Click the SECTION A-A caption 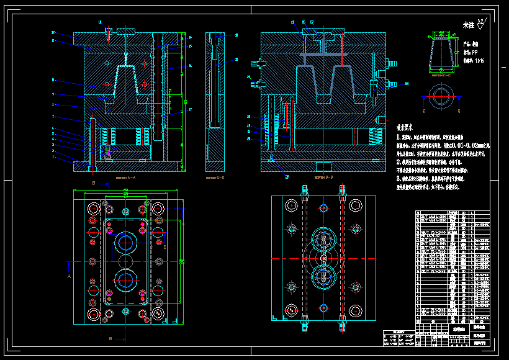click(126, 178)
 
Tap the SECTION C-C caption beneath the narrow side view click(214, 178)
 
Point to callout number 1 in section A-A click(53, 158)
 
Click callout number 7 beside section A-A click(53, 116)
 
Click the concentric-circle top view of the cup click(441, 96)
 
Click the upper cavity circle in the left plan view click(127, 241)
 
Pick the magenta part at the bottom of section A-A click(107, 151)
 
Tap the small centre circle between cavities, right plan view click(323, 257)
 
